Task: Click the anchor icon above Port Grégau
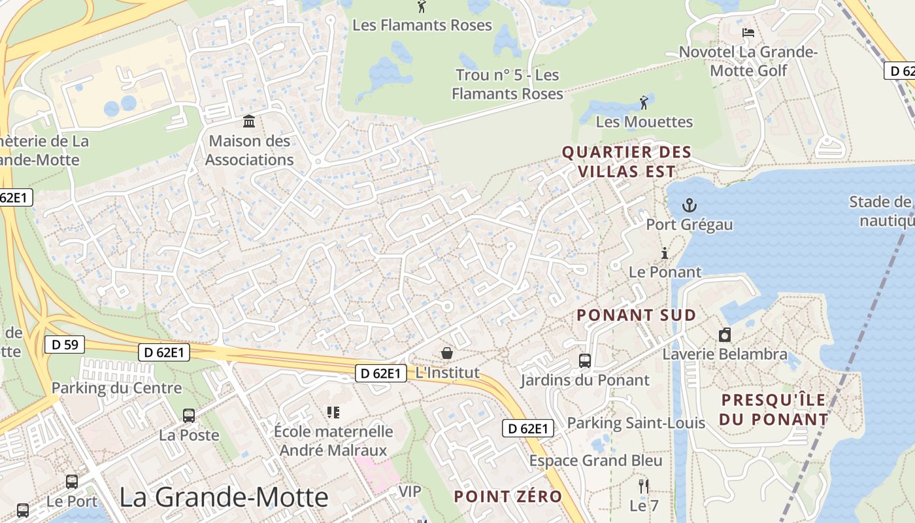[689, 206]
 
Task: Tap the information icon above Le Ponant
[665, 253]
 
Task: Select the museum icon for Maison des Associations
[249, 122]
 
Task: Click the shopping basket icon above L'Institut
[447, 354]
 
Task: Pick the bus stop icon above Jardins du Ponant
[585, 360]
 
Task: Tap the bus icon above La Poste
[189, 415]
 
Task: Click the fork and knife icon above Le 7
[644, 486]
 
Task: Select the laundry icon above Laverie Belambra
[724, 335]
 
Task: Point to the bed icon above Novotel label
[748, 33]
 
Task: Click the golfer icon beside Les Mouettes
[644, 103]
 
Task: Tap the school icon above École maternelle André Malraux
[333, 412]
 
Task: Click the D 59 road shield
[65, 344]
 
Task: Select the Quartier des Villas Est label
[626, 162]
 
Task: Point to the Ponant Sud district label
[636, 315]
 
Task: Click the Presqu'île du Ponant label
[774, 409]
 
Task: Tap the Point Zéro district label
[508, 496]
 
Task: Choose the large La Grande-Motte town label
[224, 498]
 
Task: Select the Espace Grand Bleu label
[595, 461]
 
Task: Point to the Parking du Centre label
[116, 388]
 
